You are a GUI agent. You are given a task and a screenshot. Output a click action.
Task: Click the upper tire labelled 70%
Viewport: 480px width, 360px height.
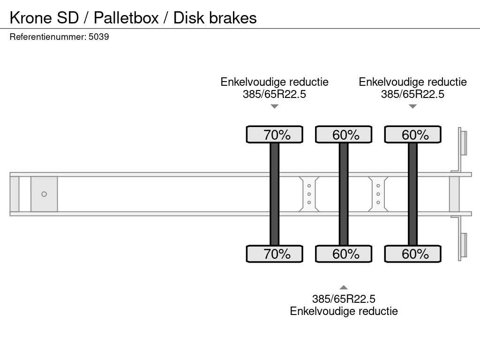point(275,135)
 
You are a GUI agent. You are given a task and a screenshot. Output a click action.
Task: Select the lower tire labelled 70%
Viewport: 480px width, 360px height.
point(275,254)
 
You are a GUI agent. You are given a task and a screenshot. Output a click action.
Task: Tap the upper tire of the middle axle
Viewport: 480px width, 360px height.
point(344,135)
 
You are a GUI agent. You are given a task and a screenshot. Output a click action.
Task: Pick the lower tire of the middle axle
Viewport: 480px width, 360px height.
point(344,254)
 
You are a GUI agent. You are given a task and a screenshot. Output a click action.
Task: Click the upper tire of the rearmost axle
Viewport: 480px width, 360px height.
point(413,135)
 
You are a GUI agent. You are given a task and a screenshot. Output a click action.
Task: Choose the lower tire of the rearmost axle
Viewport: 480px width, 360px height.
point(413,254)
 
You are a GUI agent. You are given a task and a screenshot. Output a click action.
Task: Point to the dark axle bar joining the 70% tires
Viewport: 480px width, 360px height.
point(275,194)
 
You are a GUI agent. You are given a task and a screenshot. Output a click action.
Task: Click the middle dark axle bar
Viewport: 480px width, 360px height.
point(344,194)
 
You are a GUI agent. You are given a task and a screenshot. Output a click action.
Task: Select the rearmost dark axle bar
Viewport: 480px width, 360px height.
point(413,194)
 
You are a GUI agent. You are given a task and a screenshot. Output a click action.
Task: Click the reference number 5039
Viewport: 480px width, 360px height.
point(98,37)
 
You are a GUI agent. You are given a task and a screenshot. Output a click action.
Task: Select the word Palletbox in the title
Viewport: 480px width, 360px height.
point(126,18)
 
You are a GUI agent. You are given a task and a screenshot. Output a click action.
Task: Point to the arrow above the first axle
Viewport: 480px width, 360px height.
point(275,106)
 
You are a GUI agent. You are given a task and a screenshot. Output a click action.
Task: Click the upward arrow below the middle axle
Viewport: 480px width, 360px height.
point(344,287)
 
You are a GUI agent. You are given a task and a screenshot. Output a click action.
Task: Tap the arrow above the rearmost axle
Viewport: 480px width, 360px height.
point(413,106)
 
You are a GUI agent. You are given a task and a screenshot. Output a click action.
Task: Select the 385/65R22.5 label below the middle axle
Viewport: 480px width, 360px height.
point(344,299)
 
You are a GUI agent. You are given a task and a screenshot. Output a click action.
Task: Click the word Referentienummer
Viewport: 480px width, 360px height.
point(48,37)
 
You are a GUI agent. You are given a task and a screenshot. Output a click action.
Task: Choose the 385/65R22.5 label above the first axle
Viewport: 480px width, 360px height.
point(275,94)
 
